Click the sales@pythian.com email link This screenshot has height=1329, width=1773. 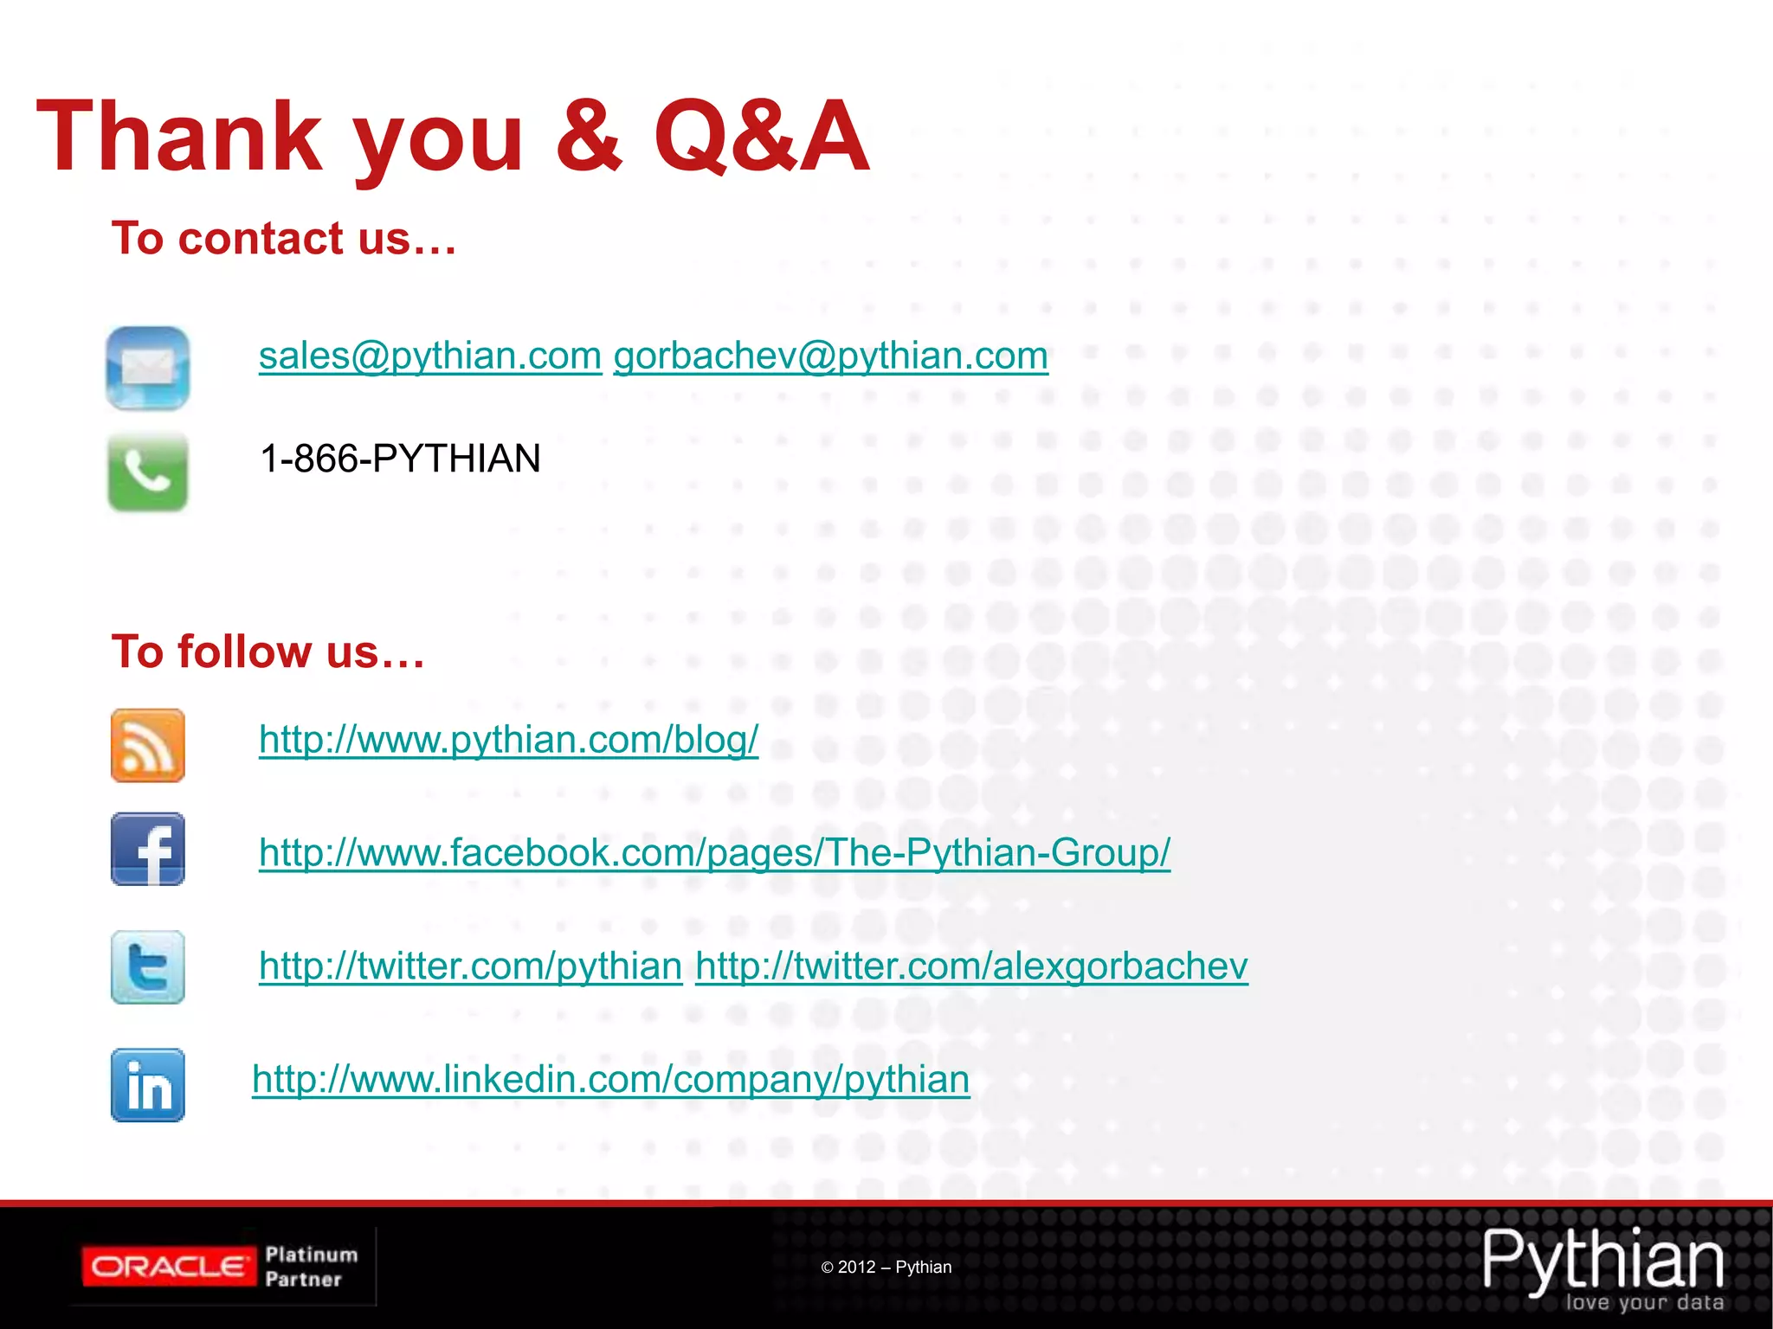[x=429, y=356]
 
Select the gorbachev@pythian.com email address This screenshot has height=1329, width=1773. [x=830, y=356]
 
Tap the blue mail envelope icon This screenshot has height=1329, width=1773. [x=148, y=368]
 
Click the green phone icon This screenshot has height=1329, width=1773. [x=148, y=472]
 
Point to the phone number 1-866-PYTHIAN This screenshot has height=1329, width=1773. [x=400, y=459]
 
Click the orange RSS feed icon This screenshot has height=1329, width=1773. [x=148, y=746]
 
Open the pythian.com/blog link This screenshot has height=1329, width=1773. [x=508, y=740]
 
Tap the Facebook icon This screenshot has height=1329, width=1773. [x=148, y=849]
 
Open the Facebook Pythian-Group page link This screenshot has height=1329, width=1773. [x=714, y=852]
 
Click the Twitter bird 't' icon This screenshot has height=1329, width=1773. [x=148, y=967]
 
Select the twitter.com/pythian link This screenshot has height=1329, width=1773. [x=470, y=966]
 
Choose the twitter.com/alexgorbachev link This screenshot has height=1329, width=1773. [x=971, y=966]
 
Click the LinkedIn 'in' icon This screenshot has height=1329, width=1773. [x=148, y=1085]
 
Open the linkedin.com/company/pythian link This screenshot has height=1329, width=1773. [x=610, y=1079]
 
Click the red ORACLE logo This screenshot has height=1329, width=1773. [x=169, y=1267]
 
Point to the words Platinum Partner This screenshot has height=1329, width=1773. [x=310, y=1267]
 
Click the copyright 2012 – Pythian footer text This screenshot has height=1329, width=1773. [x=886, y=1267]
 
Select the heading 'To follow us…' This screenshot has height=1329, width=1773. [x=268, y=652]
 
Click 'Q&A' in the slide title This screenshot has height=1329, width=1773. [x=760, y=137]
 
